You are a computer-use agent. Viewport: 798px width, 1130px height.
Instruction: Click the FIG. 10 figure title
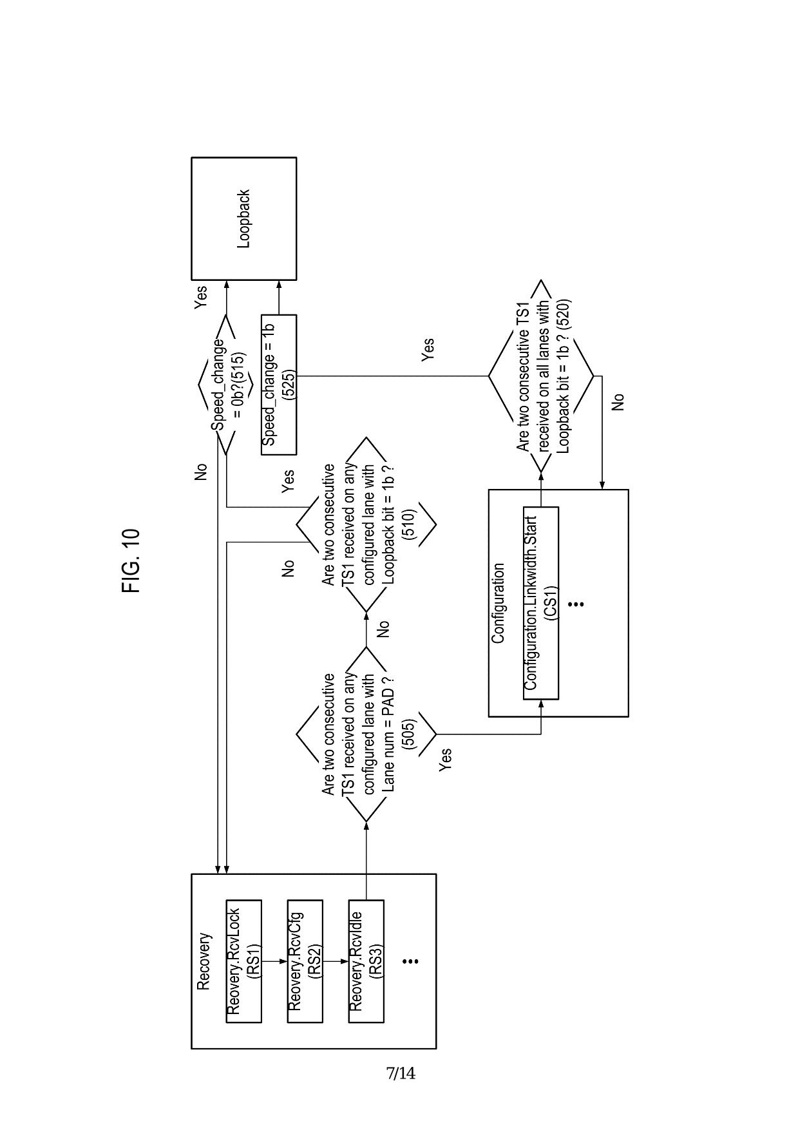tap(130, 560)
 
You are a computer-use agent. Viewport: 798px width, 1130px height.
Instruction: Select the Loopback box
tap(243, 218)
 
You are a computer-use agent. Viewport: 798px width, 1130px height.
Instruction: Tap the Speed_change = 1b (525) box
tap(278, 384)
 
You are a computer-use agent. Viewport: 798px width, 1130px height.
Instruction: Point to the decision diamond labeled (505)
tap(366, 734)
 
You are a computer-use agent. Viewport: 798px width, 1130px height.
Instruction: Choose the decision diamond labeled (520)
tap(541, 376)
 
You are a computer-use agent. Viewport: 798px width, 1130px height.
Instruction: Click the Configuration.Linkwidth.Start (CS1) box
tap(540, 602)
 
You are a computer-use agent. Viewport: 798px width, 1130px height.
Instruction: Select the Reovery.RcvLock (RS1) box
tap(243, 961)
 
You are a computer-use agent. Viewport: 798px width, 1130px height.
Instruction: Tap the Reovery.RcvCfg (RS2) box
tap(305, 961)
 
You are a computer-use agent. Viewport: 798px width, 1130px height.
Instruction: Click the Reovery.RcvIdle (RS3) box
tap(366, 961)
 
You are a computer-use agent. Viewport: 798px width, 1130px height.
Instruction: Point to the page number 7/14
tap(401, 1073)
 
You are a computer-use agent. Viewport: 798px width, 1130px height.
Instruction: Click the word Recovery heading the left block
tap(204, 961)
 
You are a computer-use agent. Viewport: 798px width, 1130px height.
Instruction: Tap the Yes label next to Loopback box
tap(201, 297)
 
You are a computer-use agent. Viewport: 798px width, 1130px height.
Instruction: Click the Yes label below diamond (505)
tap(444, 760)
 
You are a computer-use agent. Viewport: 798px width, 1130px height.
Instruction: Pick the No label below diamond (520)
tap(618, 402)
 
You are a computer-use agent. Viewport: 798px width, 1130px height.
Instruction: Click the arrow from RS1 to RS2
tap(274, 961)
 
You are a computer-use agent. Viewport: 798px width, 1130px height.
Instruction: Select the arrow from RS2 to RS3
tap(336, 961)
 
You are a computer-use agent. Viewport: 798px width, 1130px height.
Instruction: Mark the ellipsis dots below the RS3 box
tap(410, 961)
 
